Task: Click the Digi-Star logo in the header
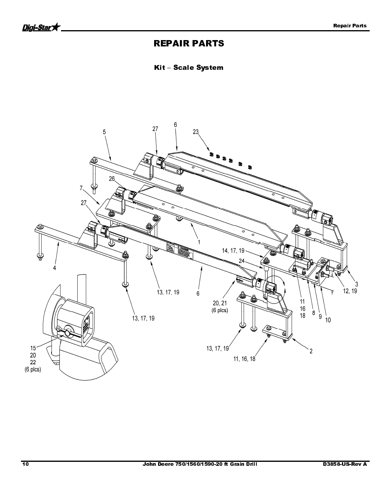41,27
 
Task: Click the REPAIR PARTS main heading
189,43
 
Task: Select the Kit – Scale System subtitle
189,67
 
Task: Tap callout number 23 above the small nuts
195,132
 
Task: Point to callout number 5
105,132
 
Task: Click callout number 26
112,179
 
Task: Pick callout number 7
81,188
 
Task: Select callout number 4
55,268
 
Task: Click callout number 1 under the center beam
199,242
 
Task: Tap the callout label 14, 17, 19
233,251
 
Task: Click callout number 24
241,261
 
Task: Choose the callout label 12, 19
350,291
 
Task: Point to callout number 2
311,351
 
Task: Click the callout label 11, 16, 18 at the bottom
244,359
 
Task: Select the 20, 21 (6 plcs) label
220,307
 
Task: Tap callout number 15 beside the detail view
33,348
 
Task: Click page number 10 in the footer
25,464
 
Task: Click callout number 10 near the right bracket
328,320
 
